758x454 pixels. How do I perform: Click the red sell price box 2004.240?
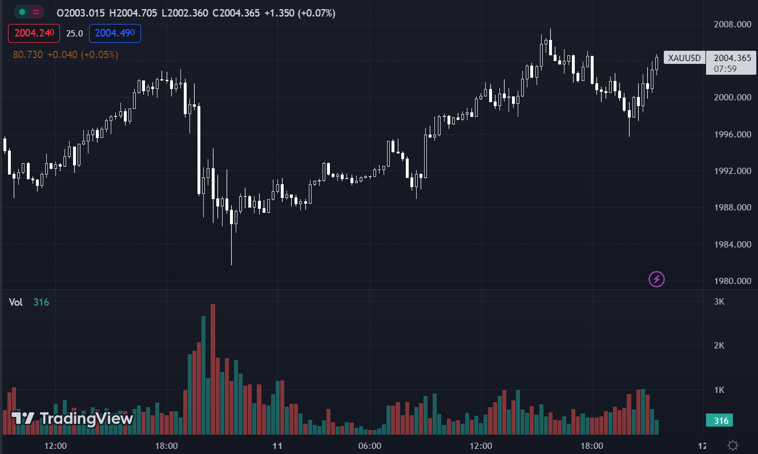(x=34, y=33)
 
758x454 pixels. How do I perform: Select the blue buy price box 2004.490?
(x=115, y=33)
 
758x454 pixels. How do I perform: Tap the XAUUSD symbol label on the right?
(x=684, y=58)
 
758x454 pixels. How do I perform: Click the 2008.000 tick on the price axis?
(x=732, y=24)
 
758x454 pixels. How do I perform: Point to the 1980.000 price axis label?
(x=732, y=281)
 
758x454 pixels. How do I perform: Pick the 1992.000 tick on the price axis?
(x=732, y=171)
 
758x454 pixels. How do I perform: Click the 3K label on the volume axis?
(x=719, y=301)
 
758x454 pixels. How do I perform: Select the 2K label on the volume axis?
(x=719, y=345)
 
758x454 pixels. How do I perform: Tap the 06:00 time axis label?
(x=370, y=445)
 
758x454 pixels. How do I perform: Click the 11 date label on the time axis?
(x=278, y=445)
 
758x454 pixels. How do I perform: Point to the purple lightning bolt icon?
(x=657, y=279)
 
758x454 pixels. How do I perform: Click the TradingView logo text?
(x=86, y=419)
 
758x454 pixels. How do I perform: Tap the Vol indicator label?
(x=16, y=302)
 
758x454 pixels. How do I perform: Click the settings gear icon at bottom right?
(x=733, y=445)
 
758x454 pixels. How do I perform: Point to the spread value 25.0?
(x=74, y=33)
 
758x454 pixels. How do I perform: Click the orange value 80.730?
(x=27, y=55)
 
